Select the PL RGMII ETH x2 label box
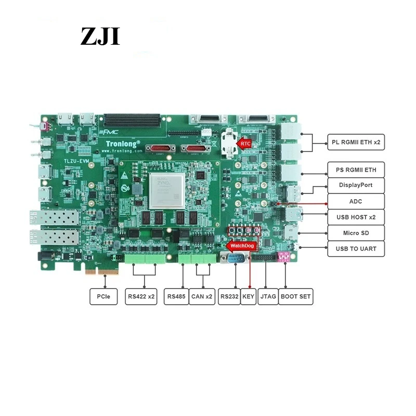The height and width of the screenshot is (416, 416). [x=356, y=141]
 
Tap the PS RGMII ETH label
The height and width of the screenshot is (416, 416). [x=356, y=170]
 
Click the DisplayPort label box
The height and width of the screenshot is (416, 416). [x=356, y=185]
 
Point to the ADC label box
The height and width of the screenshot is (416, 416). [x=356, y=201]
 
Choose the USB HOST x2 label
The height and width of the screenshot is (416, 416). [x=356, y=217]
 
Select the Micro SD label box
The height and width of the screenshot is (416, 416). [x=356, y=232]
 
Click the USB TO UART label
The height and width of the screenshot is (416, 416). [x=356, y=249]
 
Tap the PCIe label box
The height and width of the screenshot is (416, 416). [x=103, y=297]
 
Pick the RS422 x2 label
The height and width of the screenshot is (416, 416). [x=141, y=297]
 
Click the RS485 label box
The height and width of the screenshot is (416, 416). [x=176, y=297]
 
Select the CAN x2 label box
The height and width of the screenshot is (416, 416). [x=202, y=297]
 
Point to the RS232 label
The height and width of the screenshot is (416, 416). [x=229, y=297]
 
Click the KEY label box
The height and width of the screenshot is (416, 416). [x=249, y=297]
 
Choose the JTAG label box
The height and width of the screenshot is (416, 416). [x=268, y=297]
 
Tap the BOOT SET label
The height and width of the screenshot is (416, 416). [x=296, y=297]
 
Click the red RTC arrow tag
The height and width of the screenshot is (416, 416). [x=244, y=142]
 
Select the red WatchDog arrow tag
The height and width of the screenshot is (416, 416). [x=240, y=244]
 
